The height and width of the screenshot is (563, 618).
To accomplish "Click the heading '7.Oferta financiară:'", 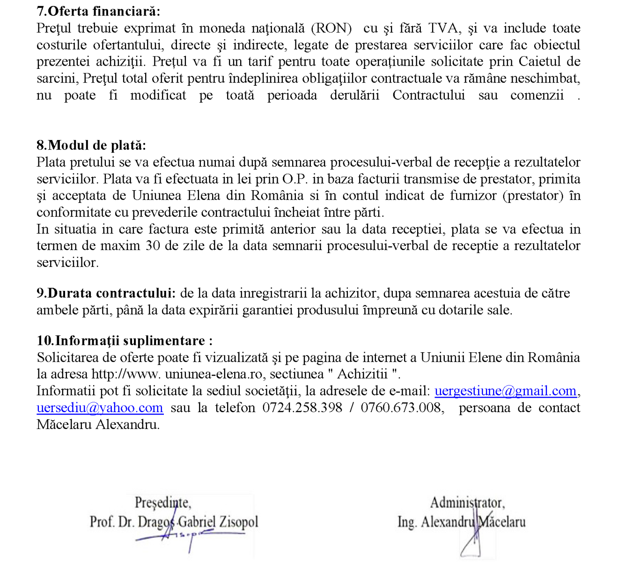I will pyautogui.click(x=98, y=11).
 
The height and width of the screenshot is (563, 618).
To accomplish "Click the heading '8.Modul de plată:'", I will pyautogui.click(x=91, y=145).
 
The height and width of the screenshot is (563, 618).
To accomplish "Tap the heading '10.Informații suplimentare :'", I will pyautogui.click(x=125, y=341).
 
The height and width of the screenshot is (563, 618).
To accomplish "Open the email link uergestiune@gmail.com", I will pyautogui.click(x=505, y=391).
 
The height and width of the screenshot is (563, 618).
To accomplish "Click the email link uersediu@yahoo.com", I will pyautogui.click(x=100, y=408).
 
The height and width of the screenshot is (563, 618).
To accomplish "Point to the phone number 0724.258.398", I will pyautogui.click(x=302, y=408).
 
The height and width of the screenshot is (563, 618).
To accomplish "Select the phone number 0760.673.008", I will pyautogui.click(x=401, y=408).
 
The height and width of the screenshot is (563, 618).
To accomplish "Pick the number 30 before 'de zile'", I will pyautogui.click(x=152, y=246).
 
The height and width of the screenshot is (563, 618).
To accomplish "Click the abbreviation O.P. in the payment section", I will pyautogui.click(x=295, y=179).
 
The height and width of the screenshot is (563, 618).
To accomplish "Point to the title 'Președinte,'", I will pyautogui.click(x=162, y=503).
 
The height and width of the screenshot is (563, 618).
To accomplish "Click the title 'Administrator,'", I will pyautogui.click(x=467, y=503).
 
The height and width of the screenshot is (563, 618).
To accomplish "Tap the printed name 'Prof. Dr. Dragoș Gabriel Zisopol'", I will pyautogui.click(x=174, y=522).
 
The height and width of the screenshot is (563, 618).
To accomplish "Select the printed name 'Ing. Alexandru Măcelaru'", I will pyautogui.click(x=461, y=522).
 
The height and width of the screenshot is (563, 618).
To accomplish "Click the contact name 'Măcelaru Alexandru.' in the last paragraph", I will pyautogui.click(x=98, y=425).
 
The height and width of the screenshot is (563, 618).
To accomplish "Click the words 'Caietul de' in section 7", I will pyautogui.click(x=549, y=62).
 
